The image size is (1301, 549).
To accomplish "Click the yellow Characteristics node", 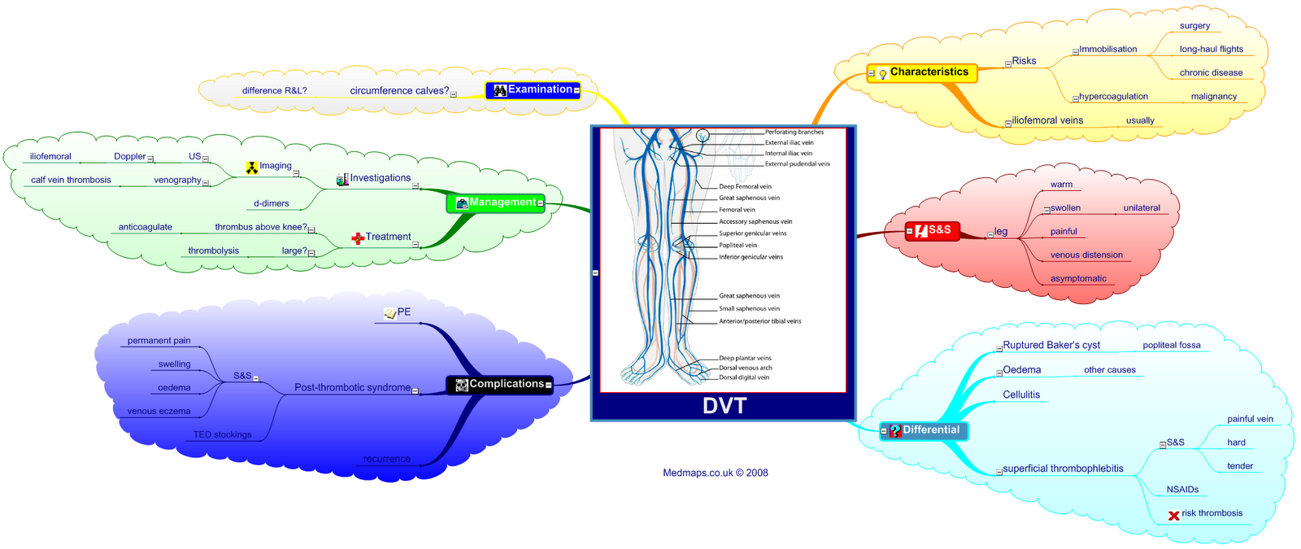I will point(922,72).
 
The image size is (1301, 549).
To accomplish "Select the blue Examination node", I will point(533,90).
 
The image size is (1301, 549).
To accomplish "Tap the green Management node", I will point(495,203).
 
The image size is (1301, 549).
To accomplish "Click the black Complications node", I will point(499,384).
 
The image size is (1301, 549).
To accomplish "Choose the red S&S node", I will point(933,230).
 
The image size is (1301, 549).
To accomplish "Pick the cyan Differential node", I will point(924,430).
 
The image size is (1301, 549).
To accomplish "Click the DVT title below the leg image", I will point(724,406).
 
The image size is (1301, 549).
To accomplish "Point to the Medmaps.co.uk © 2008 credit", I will point(715,473).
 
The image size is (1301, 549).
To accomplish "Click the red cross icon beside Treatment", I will point(358,238).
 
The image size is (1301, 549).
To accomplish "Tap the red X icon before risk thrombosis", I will point(1173,515).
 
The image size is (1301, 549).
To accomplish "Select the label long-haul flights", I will point(1211,50).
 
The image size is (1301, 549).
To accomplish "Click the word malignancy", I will point(1213,97).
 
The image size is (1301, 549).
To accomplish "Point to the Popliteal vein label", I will point(738,245).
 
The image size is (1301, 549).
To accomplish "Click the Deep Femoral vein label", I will point(745,186).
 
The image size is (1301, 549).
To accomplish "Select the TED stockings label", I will point(222,435).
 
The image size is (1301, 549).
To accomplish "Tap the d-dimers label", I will point(271,204).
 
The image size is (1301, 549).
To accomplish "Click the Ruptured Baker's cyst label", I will point(1051,346).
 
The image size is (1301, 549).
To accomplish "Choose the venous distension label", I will point(1086,255).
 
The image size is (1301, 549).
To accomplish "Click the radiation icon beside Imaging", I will point(252,168).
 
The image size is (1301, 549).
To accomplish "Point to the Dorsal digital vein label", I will point(743,377).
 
